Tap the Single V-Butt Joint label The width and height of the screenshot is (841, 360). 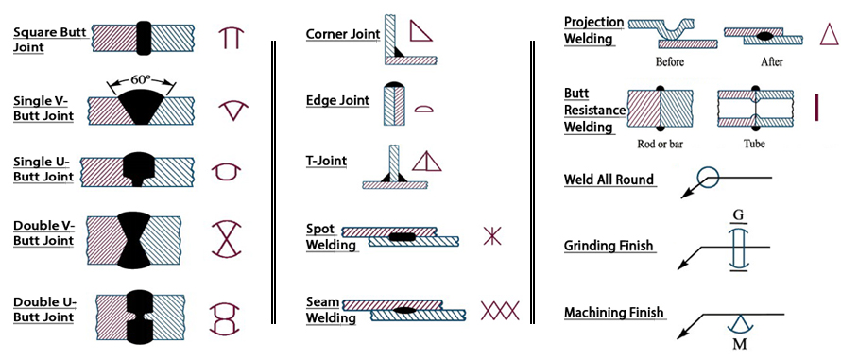pyautogui.click(x=43, y=107)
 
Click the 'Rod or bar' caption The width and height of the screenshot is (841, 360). pyautogui.click(x=660, y=145)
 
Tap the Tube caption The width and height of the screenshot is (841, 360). pyautogui.click(x=753, y=145)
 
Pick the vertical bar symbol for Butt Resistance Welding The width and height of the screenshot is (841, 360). pyautogui.click(x=815, y=107)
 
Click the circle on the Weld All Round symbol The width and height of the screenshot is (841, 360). pyautogui.click(x=709, y=176)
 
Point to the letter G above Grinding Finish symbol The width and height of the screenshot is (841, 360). pyautogui.click(x=737, y=215)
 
